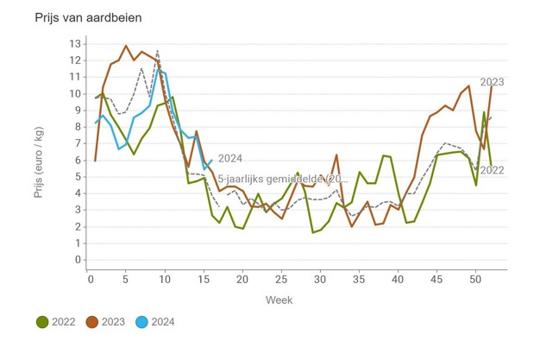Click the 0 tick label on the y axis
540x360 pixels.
[x=78, y=260]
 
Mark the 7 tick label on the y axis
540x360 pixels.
[x=78, y=143]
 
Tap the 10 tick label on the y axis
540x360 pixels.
[x=75, y=94]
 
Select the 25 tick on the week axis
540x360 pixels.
[x=281, y=279]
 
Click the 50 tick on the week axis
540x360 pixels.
[x=474, y=279]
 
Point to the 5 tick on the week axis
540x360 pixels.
[x=127, y=279]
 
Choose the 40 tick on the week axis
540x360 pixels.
[x=397, y=279]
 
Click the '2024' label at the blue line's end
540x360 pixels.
[x=229, y=158]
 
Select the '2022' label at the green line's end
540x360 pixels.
[x=492, y=170]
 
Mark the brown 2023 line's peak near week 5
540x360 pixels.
[x=126, y=46]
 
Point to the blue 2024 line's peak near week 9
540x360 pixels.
[x=158, y=70]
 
